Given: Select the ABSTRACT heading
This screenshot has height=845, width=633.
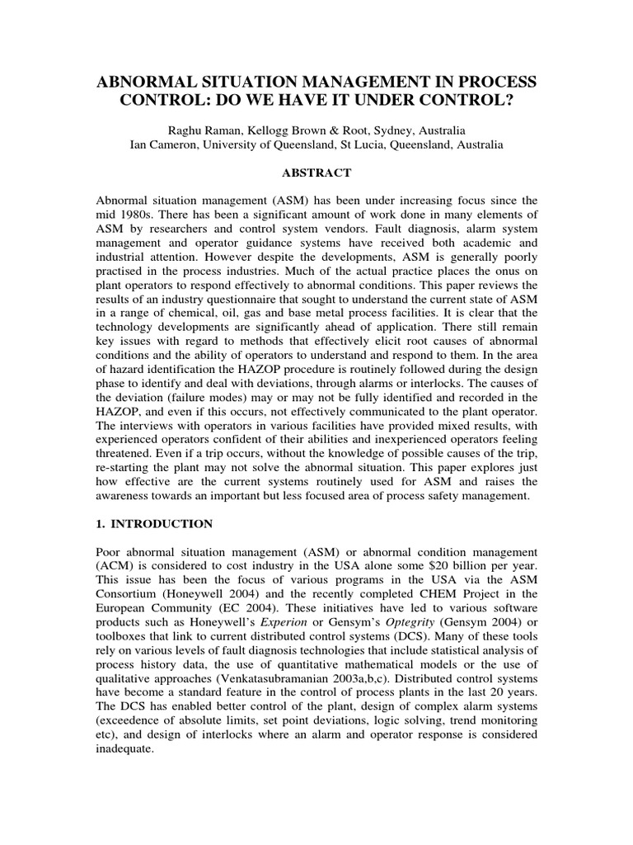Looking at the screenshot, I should coord(316,172).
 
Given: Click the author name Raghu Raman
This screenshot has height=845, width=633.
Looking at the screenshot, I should coord(199,130).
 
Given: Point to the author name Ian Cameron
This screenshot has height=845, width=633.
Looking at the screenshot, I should coord(166,144).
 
